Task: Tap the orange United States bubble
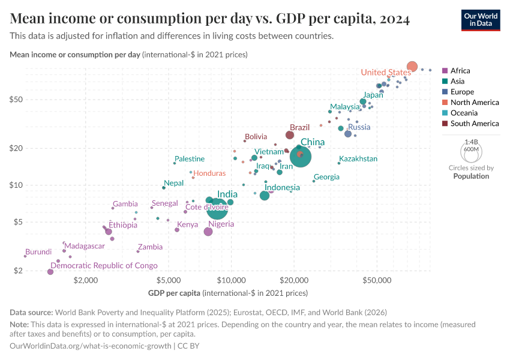(x=412, y=67)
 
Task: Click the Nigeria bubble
(x=208, y=232)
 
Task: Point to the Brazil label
(x=299, y=127)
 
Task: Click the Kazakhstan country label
(x=358, y=159)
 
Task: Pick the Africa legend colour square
(x=445, y=71)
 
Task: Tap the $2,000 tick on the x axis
(x=86, y=280)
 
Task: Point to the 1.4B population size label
(x=471, y=142)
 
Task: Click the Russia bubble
(x=348, y=133)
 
